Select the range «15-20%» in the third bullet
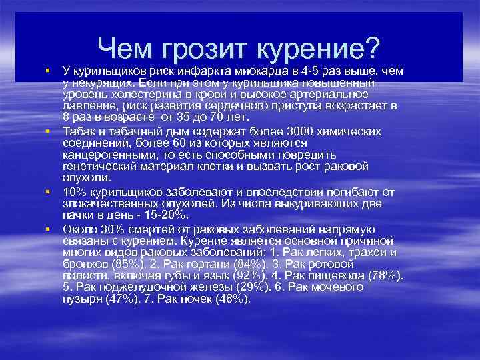tap(167, 215)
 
